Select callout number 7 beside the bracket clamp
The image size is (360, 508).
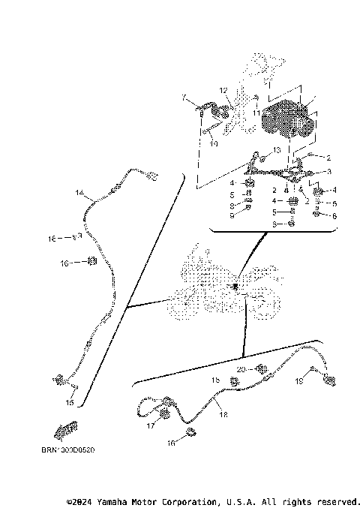click(182, 97)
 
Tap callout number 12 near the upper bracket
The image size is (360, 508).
click(223, 90)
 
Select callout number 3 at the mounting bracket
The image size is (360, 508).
click(328, 172)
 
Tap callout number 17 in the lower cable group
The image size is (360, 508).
click(151, 425)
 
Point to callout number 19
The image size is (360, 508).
click(298, 382)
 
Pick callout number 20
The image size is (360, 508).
click(241, 369)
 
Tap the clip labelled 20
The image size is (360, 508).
click(262, 369)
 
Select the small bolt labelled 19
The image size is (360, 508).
click(315, 370)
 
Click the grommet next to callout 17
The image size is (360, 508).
click(163, 415)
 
